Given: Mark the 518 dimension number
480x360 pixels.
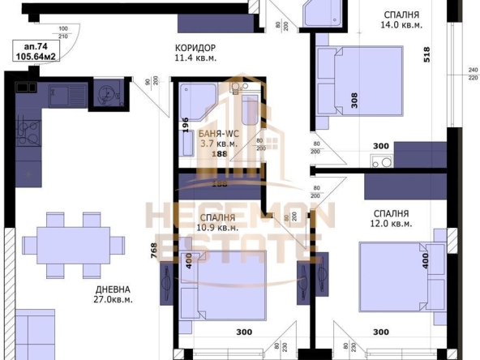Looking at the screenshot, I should [x=424, y=56].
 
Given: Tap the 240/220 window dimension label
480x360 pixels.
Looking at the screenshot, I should [x=473, y=73].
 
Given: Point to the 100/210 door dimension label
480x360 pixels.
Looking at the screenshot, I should [x=63, y=32].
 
